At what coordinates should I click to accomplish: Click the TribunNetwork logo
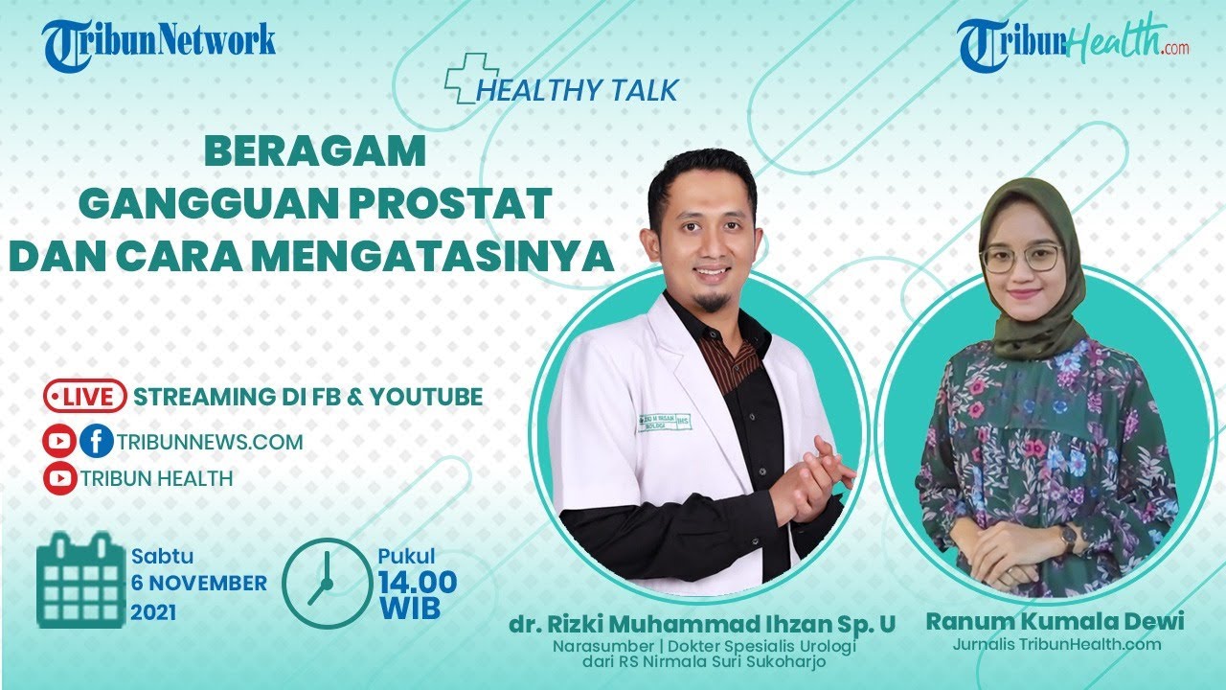pyautogui.click(x=159, y=42)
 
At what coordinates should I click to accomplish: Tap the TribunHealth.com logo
pyautogui.click(x=1073, y=44)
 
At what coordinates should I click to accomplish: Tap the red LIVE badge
pyautogui.click(x=84, y=396)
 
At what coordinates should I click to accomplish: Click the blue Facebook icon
pyautogui.click(x=96, y=442)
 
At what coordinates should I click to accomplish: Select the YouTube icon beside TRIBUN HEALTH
pyautogui.click(x=59, y=477)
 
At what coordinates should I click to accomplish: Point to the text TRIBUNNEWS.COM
pyautogui.click(x=210, y=442)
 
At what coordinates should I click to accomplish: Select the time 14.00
pyautogui.click(x=417, y=582)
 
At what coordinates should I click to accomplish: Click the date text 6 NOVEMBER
pyautogui.click(x=199, y=583)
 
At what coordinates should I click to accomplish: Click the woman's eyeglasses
pyautogui.click(x=1022, y=258)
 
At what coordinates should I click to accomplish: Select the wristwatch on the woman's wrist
pyautogui.click(x=1068, y=539)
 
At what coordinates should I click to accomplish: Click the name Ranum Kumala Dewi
pyautogui.click(x=1055, y=621)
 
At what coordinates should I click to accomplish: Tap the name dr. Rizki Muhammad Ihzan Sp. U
pyautogui.click(x=702, y=625)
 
